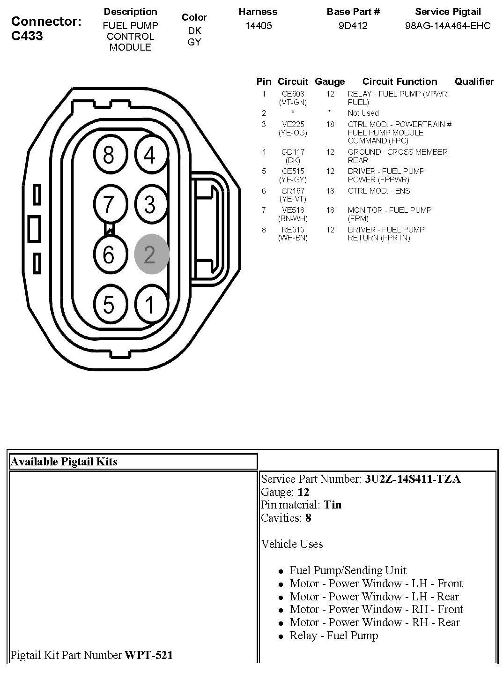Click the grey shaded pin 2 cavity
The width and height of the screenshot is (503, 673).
[151, 254]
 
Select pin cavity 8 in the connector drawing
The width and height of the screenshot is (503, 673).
[108, 155]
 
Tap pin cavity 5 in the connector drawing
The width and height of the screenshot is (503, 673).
[108, 305]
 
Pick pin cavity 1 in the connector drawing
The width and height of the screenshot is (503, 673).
[150, 305]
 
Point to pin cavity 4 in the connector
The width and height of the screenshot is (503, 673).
[150, 155]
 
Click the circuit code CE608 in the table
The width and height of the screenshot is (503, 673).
[293, 94]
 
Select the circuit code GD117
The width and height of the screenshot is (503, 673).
[293, 152]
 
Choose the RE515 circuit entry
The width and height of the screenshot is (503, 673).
[293, 230]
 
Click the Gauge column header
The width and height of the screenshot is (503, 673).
[330, 82]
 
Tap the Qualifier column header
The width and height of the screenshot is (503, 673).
[474, 82]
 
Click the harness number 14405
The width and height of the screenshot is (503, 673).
[258, 26]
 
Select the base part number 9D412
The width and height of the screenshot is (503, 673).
[353, 26]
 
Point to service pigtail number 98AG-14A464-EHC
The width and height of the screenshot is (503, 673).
[447, 26]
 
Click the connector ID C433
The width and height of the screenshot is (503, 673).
[27, 36]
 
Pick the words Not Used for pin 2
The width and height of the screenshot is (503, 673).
[363, 113]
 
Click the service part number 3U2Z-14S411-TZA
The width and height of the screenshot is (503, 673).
[413, 479]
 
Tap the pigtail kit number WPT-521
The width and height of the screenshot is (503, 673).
[148, 655]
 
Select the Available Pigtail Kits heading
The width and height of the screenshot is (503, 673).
[64, 462]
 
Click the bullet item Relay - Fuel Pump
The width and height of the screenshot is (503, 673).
[333, 636]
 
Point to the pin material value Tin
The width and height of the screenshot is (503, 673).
[333, 505]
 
